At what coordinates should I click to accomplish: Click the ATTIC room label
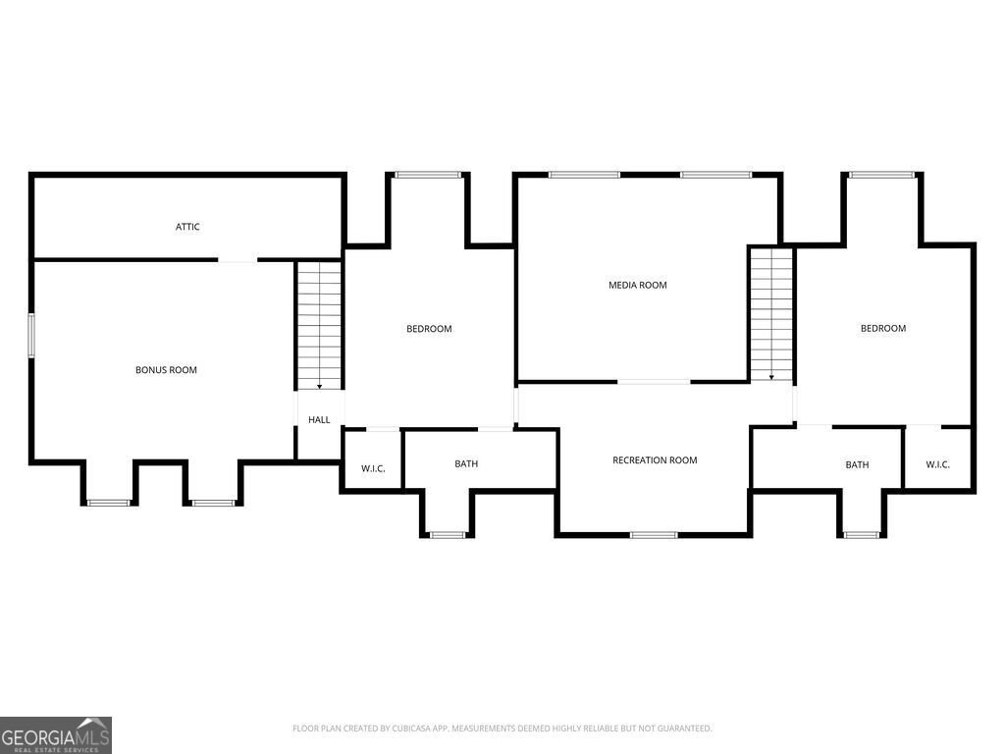tap(187, 227)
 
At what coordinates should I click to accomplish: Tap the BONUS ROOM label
tap(166, 370)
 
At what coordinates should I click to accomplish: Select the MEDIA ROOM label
tap(638, 285)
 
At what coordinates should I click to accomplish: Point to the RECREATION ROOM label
tap(655, 459)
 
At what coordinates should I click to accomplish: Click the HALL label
tap(319, 419)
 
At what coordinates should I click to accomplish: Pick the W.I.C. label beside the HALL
tap(373, 468)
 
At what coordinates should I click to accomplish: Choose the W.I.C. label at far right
tap(937, 464)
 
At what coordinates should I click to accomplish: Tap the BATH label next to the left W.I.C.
tap(466, 463)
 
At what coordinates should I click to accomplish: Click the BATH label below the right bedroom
tap(857, 464)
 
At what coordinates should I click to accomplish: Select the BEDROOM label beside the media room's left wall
tap(429, 328)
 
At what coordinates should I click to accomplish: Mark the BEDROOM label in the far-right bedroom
tap(883, 328)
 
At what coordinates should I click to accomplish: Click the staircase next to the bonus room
tap(319, 325)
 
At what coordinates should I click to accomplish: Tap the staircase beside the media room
tap(771, 314)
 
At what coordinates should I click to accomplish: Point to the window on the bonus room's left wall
tap(30, 335)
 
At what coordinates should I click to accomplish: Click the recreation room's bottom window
tap(654, 535)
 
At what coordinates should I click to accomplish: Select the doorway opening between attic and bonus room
tap(238, 259)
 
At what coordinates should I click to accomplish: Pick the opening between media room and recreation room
tap(654, 382)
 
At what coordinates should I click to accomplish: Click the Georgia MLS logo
tap(56, 734)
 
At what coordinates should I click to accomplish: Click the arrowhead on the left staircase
tap(319, 387)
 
